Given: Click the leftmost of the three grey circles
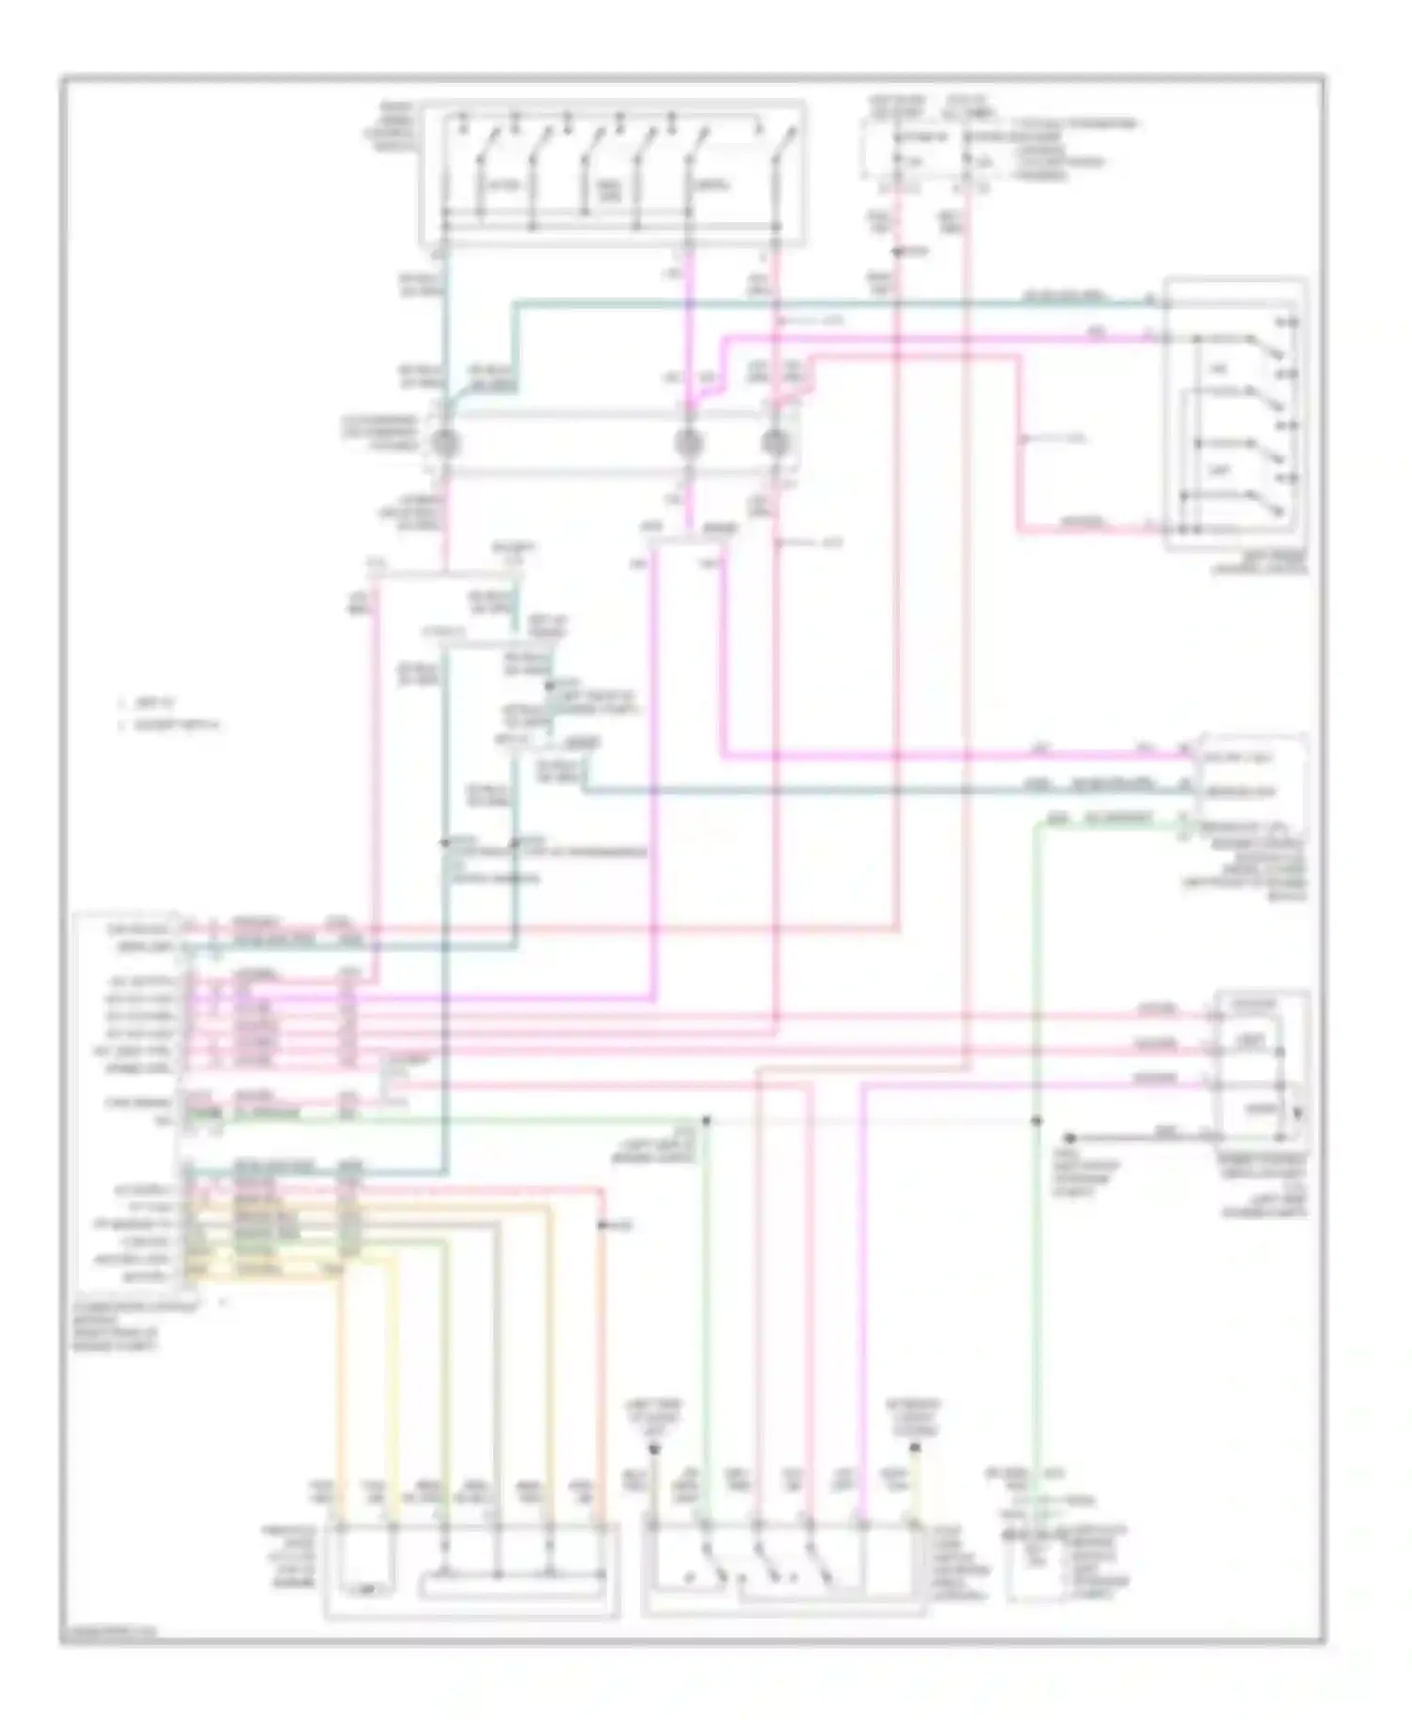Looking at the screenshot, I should [444, 442].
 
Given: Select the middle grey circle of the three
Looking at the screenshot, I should [689, 442].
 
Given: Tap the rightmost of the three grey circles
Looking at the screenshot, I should [775, 442].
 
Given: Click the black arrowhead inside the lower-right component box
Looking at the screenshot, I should [1298, 1114].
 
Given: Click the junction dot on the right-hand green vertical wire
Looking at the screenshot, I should [1035, 1121].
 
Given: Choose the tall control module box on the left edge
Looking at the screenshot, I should [127, 1101].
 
